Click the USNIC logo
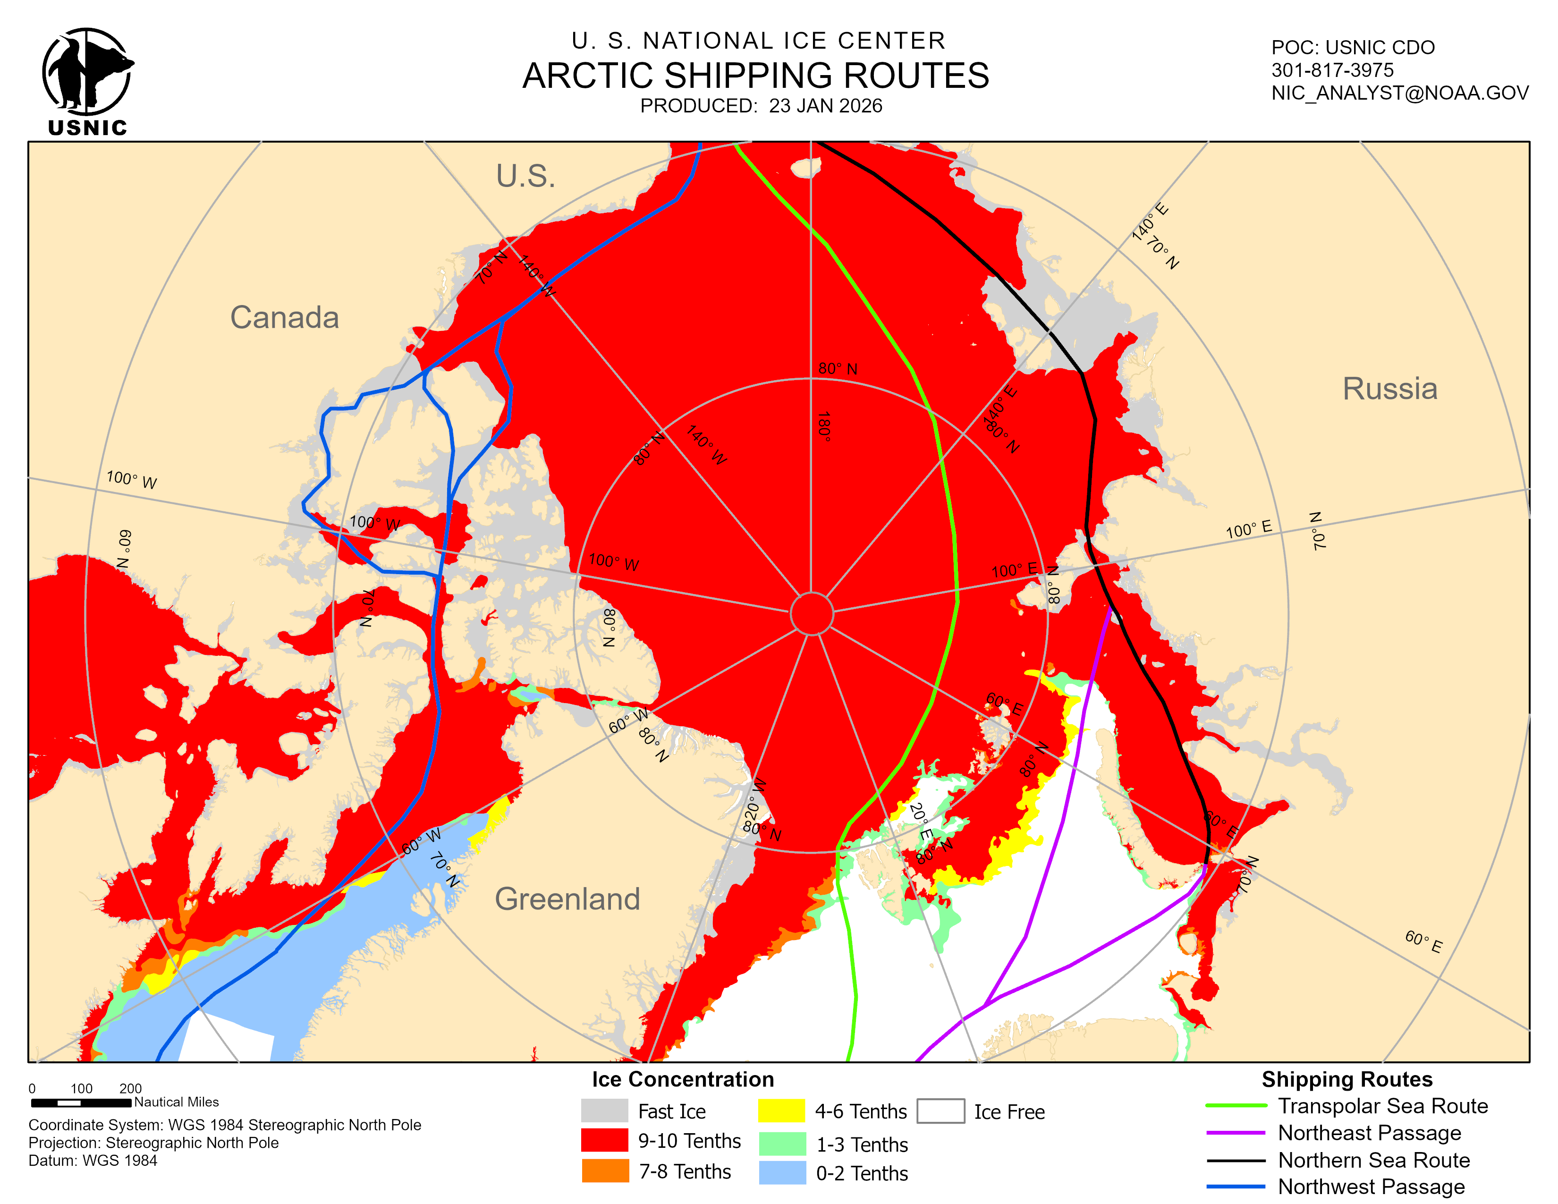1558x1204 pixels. pos(87,80)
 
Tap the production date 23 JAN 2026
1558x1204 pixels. pos(825,106)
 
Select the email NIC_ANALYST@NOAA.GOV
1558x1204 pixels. pos(1400,93)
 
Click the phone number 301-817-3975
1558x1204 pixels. pos(1332,70)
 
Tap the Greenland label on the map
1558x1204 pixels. pos(567,899)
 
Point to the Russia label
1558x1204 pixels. pos(1389,389)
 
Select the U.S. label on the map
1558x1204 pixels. pos(526,176)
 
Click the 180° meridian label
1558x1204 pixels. pos(824,426)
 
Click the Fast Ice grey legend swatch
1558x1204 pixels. pos(604,1111)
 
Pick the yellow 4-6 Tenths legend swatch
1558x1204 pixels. pos(781,1111)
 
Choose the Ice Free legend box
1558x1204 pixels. pos(940,1111)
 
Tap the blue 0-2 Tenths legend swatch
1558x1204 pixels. pos(782,1173)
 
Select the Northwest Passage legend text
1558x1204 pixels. pos(1371,1187)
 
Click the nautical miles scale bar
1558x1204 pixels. pos(81,1102)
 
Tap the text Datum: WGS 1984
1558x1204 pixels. pos(93,1161)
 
